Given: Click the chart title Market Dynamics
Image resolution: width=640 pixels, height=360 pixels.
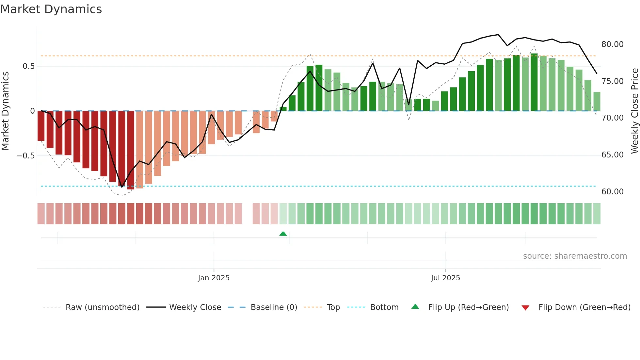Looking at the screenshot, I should coord(51,9).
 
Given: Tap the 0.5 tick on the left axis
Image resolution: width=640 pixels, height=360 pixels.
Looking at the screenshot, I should coord(28,66).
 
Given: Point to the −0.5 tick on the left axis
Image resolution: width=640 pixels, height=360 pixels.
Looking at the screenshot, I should coord(25,156).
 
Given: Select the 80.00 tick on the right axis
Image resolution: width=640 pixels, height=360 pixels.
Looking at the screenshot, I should coord(612,44).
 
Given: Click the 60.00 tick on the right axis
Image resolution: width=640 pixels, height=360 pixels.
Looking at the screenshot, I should coord(612,192).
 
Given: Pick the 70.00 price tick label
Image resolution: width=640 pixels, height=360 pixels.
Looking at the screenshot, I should coord(612,118).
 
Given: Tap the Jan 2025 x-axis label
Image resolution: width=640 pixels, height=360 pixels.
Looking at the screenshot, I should coord(214,278).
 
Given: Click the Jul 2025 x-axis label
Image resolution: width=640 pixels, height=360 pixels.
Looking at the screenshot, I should coord(445,278).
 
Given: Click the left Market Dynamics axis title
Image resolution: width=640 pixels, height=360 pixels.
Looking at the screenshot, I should coord(6,111).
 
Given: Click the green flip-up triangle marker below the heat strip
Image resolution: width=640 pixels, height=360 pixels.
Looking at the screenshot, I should coord(283,234).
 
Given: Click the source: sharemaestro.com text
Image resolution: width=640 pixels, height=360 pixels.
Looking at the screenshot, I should coord(575,256).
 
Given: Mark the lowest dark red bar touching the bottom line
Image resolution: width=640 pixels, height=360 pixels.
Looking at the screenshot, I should coord(131,150).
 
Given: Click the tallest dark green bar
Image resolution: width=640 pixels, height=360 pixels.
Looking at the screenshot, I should coord(534,82).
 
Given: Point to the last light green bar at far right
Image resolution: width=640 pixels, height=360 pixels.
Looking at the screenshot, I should coord(597,102).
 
